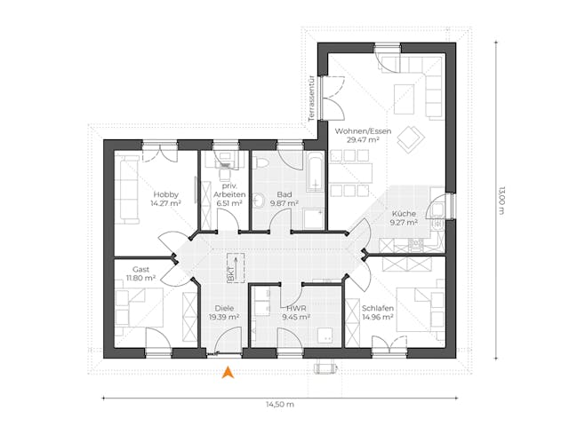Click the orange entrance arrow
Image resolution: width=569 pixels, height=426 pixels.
[x=228, y=373]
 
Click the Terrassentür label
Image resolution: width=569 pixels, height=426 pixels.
[x=311, y=98]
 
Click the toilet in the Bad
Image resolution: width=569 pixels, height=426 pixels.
[x=259, y=200]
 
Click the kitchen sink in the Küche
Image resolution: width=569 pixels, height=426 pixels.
[x=437, y=211]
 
